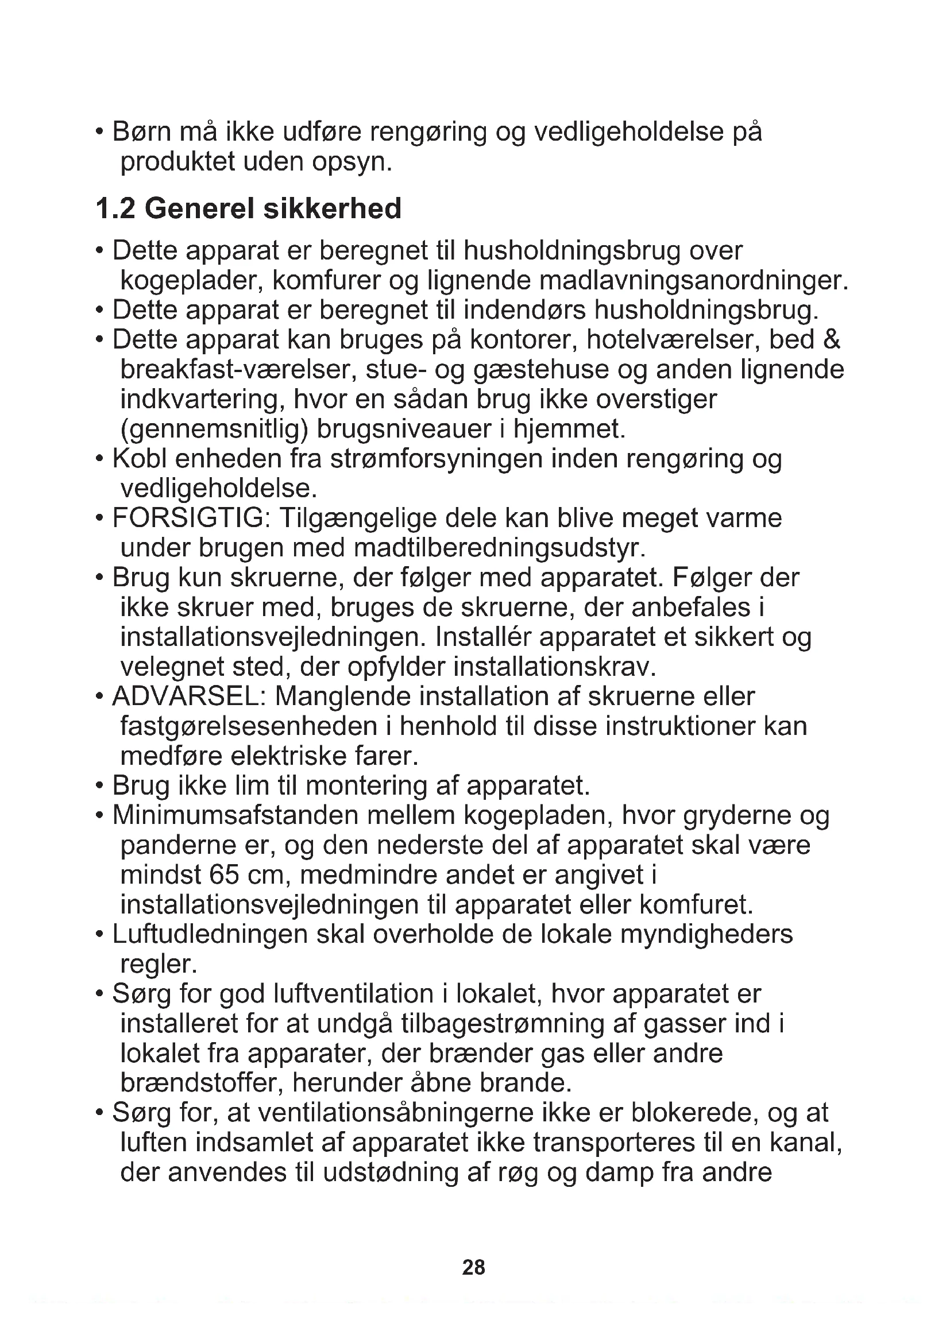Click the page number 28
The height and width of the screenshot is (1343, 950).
click(x=473, y=1267)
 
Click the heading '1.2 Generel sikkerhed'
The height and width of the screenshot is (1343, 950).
click(x=249, y=209)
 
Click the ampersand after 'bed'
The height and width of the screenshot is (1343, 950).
click(x=831, y=340)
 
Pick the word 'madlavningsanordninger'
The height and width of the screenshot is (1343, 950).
click(x=693, y=281)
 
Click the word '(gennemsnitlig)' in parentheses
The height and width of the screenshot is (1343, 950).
click(x=214, y=429)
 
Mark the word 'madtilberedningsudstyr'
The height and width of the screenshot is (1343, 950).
click(x=500, y=548)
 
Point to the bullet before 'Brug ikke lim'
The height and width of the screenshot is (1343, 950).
click(x=100, y=786)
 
